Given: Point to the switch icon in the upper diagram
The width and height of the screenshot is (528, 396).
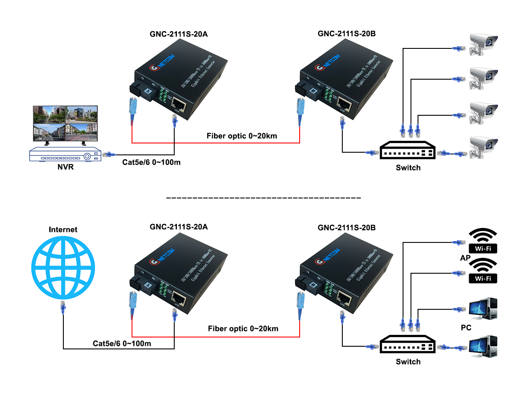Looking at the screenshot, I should pyautogui.click(x=408, y=150).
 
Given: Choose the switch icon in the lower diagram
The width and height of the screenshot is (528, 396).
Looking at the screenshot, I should pyautogui.click(x=408, y=345).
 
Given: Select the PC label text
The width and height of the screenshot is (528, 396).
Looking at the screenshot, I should pyautogui.click(x=466, y=328).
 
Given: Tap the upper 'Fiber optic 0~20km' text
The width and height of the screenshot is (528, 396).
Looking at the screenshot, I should pyautogui.click(x=242, y=136).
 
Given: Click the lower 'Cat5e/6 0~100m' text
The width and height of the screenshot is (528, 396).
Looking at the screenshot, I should pyautogui.click(x=122, y=343).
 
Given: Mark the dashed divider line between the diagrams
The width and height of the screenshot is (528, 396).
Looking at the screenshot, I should pyautogui.click(x=264, y=198).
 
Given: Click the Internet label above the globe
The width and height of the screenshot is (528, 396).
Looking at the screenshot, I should pyautogui.click(x=63, y=229).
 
